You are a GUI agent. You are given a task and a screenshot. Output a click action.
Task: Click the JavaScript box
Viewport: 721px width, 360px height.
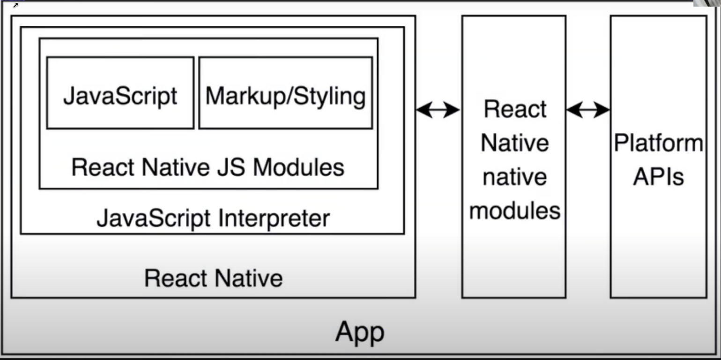pos(120,93)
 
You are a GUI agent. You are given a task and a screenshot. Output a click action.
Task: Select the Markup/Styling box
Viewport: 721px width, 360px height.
pos(285,93)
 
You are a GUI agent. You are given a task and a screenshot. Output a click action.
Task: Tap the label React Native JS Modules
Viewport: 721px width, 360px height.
pos(208,167)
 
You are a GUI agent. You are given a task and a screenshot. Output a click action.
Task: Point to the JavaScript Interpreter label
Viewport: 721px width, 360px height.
pos(213,218)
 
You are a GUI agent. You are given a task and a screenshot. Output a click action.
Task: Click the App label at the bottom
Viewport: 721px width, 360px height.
pos(359,332)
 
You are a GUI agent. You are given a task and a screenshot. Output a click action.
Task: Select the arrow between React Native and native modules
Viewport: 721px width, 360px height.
pos(438,110)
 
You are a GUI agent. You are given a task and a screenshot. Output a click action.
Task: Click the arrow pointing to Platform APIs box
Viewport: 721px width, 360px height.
pos(588,110)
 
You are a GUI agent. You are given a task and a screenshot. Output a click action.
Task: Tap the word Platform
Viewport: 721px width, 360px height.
pos(658,143)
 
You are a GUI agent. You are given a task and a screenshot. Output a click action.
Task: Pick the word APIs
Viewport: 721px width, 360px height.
pos(658,177)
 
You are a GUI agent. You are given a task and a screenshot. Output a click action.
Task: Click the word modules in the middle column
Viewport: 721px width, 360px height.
pos(514,211)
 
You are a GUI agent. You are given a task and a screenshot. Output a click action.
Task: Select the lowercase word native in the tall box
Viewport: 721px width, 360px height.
pos(514,177)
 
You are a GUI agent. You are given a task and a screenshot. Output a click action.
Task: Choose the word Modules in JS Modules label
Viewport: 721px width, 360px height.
pos(298,167)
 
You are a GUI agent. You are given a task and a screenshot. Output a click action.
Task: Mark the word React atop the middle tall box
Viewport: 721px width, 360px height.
pos(514,109)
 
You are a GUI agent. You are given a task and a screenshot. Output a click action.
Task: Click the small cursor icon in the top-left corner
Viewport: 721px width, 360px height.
pos(15,5)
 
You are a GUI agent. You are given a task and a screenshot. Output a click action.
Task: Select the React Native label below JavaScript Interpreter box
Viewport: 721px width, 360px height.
pos(213,278)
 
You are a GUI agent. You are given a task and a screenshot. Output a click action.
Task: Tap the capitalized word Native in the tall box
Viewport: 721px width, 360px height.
pos(514,143)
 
